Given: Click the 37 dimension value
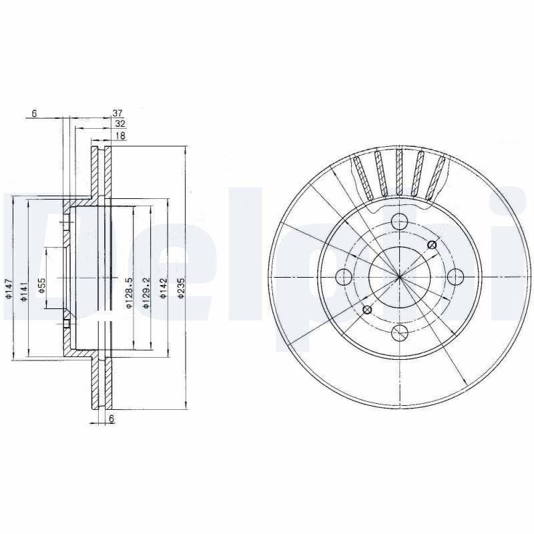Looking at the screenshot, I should click(x=118, y=113).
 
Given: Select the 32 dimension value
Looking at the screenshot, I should click(x=120, y=124).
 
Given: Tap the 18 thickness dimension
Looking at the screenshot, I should click(x=121, y=136).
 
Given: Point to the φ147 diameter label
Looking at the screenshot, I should click(x=9, y=288).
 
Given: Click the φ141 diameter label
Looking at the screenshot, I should click(x=24, y=291).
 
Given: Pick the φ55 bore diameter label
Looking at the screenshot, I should click(x=41, y=286).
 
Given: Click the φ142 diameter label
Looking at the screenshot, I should click(x=163, y=289).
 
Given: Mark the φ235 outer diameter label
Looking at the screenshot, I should click(x=180, y=288).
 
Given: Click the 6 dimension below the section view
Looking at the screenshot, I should click(x=112, y=418).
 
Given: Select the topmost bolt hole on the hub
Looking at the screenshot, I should click(x=399, y=221).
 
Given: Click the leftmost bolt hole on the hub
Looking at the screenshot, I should click(x=344, y=276).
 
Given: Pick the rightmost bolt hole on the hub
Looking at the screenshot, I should click(x=455, y=276).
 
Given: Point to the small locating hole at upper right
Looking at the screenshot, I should click(x=431, y=245).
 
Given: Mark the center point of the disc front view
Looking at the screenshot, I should click(x=399, y=276).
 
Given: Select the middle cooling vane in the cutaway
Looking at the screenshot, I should click(x=399, y=172).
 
